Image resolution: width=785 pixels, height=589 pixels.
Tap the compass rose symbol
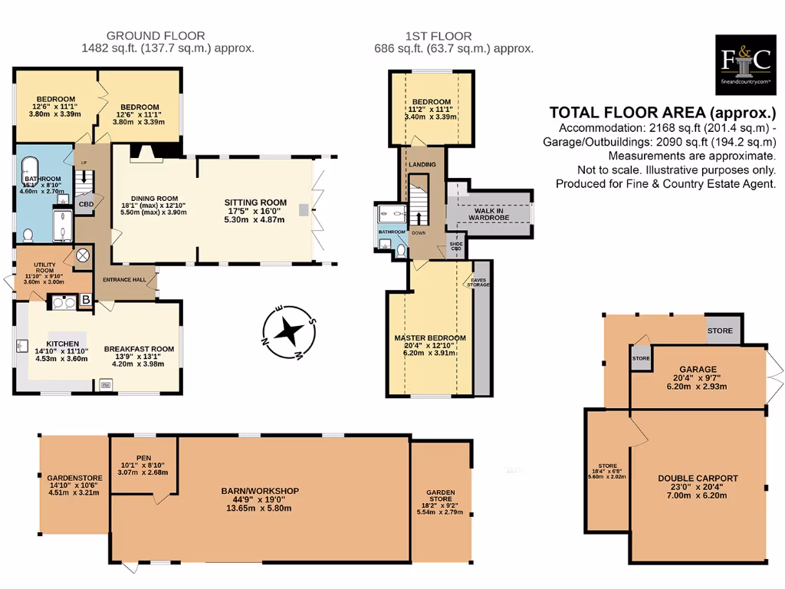click(290, 332)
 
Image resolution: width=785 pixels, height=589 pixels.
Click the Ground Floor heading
click(156, 35)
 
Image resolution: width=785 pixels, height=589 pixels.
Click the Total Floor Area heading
click(662, 111)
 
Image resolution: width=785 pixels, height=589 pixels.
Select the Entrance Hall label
click(124, 279)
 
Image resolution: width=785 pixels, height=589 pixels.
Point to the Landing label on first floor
click(422, 164)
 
